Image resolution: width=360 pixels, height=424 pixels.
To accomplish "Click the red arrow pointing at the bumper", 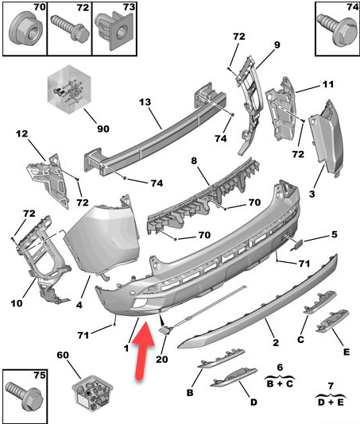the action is tap(144, 349).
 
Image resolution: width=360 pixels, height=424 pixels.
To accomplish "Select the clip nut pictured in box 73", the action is tap(114, 31).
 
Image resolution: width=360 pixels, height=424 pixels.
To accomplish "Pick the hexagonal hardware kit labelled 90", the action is tap(69, 89).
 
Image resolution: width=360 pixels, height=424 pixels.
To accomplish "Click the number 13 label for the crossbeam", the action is tap(145, 102).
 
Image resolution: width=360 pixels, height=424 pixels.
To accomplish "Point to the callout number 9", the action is tap(277, 44).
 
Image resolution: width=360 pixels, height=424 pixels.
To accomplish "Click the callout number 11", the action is tap(328, 84).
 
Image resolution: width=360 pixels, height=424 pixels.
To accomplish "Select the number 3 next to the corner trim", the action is tap(312, 194).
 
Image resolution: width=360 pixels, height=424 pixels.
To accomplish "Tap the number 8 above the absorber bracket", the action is tap(194, 160).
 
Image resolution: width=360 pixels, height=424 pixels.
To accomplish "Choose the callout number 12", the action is tap(21, 133).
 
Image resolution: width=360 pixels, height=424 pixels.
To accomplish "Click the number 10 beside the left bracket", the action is tap(17, 303).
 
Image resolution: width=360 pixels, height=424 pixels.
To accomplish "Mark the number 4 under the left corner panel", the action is tap(79, 305).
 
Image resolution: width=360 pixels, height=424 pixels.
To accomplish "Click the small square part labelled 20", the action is tap(165, 330).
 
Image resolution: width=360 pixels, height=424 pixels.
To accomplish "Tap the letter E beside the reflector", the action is tap(346, 352).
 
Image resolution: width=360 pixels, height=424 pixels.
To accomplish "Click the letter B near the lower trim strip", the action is tap(190, 392).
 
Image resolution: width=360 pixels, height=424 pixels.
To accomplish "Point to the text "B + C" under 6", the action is tap(280, 384).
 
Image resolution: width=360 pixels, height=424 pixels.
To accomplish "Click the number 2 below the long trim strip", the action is tap(276, 342).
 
